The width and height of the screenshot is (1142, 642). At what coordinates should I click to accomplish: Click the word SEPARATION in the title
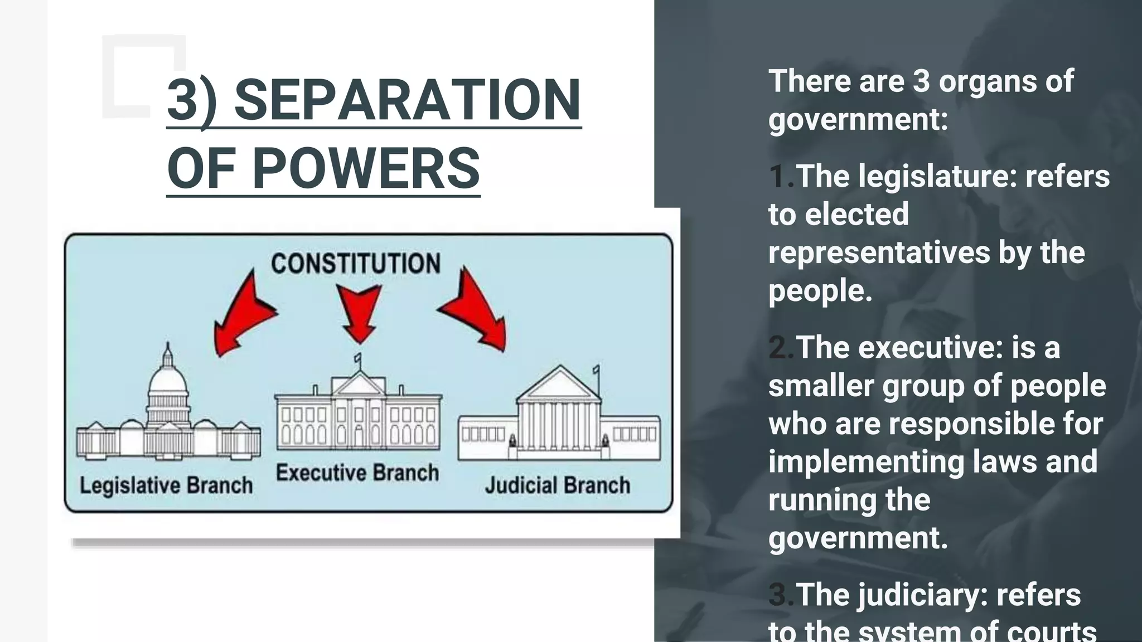[x=407, y=100]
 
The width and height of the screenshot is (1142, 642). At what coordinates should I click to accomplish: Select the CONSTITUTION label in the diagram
[x=356, y=264]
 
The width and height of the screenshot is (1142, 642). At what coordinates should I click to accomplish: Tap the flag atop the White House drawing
[x=357, y=357]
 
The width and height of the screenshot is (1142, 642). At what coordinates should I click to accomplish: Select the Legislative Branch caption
[x=166, y=485]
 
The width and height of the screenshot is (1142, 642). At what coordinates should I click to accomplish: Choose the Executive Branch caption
[x=357, y=473]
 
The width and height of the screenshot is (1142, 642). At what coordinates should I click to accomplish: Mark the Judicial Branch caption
[x=558, y=485]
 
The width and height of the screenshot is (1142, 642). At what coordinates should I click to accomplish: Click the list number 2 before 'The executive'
[x=780, y=348]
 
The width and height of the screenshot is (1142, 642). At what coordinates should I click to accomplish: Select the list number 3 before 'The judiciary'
[x=780, y=595]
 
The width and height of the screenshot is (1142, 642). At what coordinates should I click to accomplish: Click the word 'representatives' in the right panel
[x=878, y=252]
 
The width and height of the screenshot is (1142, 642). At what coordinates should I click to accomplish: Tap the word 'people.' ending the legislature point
[x=820, y=291]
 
